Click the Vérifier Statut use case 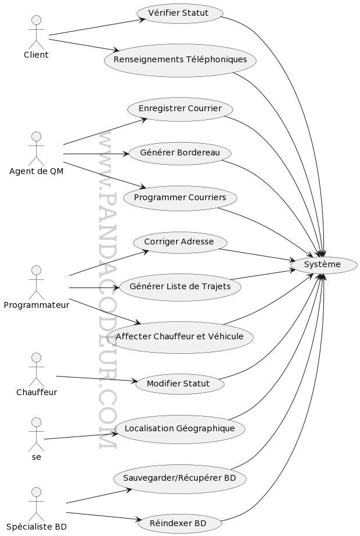click(x=180, y=13)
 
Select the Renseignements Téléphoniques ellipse click(x=180, y=60)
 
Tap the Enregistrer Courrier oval click(x=180, y=109)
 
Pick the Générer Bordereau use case click(x=180, y=153)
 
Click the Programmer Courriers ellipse click(x=180, y=198)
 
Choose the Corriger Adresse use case click(x=180, y=242)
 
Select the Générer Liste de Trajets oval click(x=180, y=287)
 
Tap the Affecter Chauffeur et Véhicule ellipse click(x=180, y=337)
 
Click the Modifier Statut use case click(x=180, y=384)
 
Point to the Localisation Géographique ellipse click(x=180, y=429)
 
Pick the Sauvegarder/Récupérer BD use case click(x=180, y=478)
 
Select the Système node click(x=323, y=265)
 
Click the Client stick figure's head click(x=36, y=20)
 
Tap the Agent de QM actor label click(x=36, y=171)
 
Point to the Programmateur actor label click(x=36, y=305)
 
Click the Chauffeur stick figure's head click(x=36, y=357)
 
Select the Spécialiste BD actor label click(x=36, y=527)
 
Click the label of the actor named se click(x=36, y=457)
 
